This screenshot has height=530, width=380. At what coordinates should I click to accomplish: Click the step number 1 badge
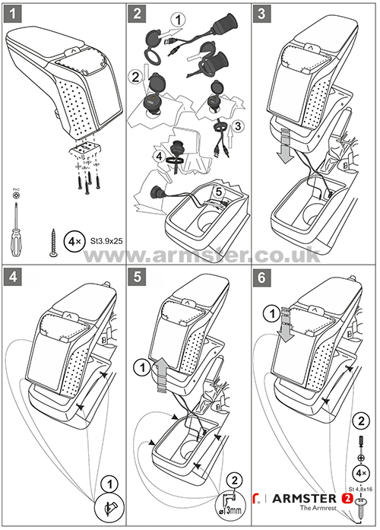(x=13, y=13)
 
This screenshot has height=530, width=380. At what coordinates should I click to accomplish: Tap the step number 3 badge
(x=264, y=13)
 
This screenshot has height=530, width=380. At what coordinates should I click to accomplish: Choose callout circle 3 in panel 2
(x=239, y=124)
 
